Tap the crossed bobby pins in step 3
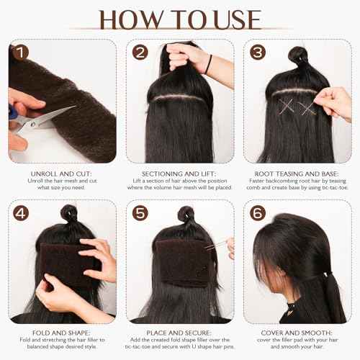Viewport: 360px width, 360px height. [x=287, y=107]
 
